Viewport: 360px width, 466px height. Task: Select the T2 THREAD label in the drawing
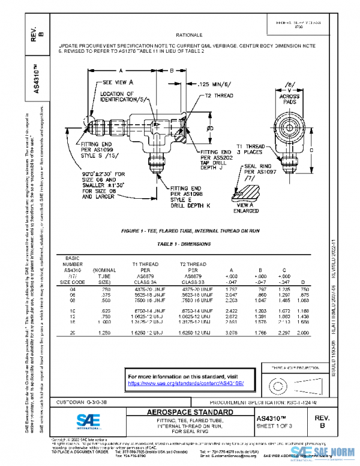[x=219, y=95]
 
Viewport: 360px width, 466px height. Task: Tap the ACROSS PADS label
[x=290, y=98]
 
